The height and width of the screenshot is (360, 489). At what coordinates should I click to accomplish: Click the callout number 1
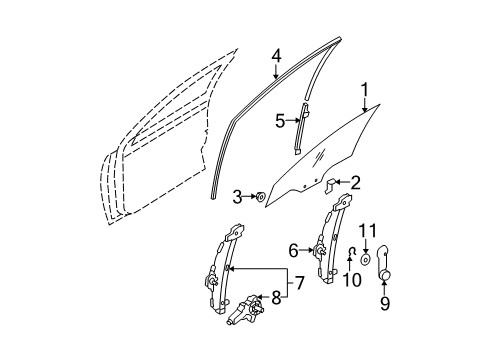click(365, 89)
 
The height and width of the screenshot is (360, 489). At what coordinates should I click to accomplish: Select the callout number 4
click(276, 57)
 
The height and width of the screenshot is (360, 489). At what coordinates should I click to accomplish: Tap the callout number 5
click(280, 121)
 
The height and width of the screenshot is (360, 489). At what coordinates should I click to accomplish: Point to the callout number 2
click(356, 183)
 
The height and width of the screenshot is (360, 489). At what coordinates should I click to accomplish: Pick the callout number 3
click(237, 197)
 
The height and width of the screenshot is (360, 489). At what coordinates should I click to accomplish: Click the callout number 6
click(293, 251)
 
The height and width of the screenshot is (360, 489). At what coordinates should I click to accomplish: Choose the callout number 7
click(299, 283)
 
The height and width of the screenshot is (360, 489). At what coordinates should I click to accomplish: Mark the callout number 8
click(276, 298)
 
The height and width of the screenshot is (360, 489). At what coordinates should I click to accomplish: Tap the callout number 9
click(385, 303)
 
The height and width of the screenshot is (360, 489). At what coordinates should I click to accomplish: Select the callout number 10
click(352, 280)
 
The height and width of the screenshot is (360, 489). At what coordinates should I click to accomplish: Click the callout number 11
click(368, 231)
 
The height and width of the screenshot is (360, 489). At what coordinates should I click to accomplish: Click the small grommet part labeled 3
click(260, 197)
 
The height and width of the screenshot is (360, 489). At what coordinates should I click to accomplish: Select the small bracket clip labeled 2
click(330, 185)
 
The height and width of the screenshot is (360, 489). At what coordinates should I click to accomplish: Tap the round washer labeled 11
click(366, 259)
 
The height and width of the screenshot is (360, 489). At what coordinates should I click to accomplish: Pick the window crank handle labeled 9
click(383, 263)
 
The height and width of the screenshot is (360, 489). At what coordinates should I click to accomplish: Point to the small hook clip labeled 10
click(350, 253)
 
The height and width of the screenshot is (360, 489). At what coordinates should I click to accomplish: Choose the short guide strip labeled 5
click(301, 128)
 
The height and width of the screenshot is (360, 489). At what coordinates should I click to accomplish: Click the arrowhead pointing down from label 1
click(364, 109)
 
